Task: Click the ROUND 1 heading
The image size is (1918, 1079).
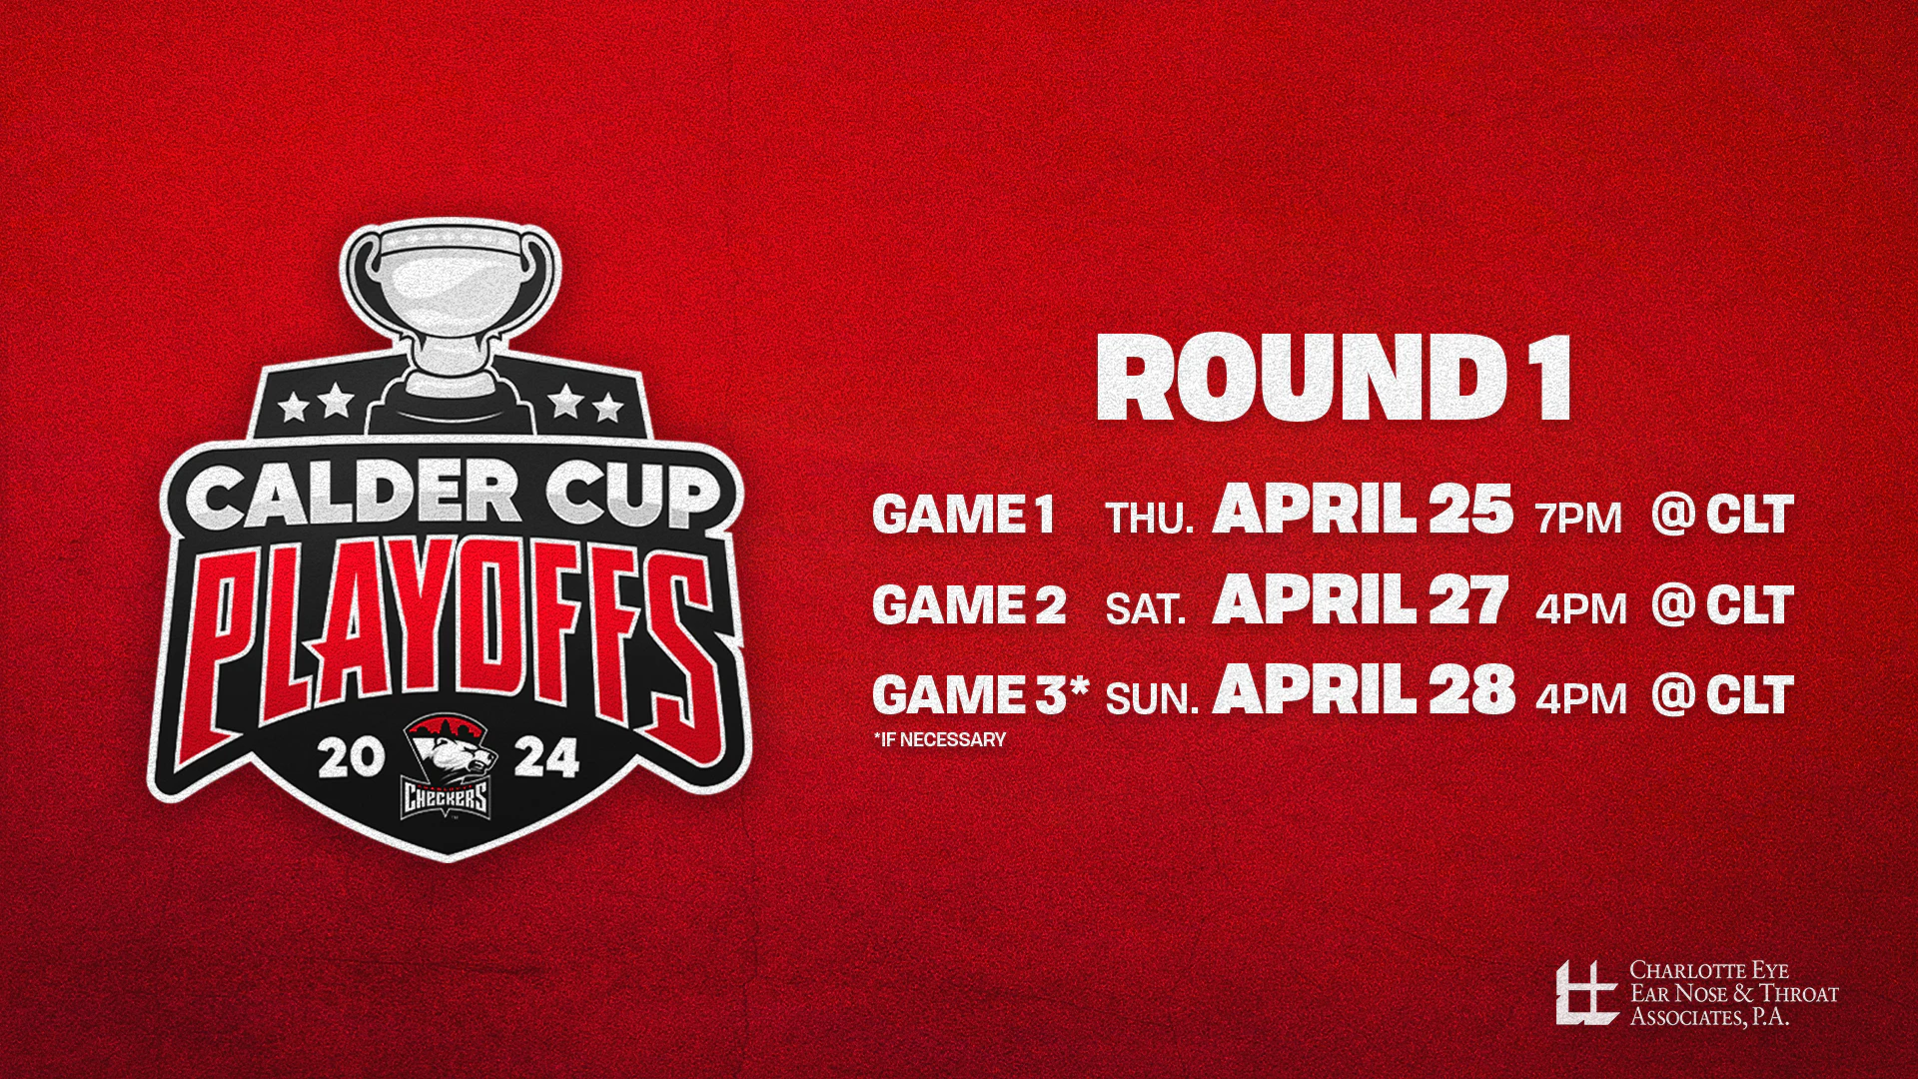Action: pyautogui.click(x=1335, y=381)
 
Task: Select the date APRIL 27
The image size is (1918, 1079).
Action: pyautogui.click(x=1360, y=602)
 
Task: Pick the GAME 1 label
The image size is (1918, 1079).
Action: pyautogui.click(x=963, y=516)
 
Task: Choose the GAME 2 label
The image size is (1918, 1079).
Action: pyautogui.click(x=969, y=605)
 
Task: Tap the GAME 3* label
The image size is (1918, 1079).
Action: pyautogui.click(x=979, y=693)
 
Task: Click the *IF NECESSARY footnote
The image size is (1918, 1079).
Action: pyautogui.click(x=939, y=740)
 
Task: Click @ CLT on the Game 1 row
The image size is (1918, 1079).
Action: pyautogui.click(x=1722, y=514)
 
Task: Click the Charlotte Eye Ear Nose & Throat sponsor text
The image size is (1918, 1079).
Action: pyautogui.click(x=1733, y=993)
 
